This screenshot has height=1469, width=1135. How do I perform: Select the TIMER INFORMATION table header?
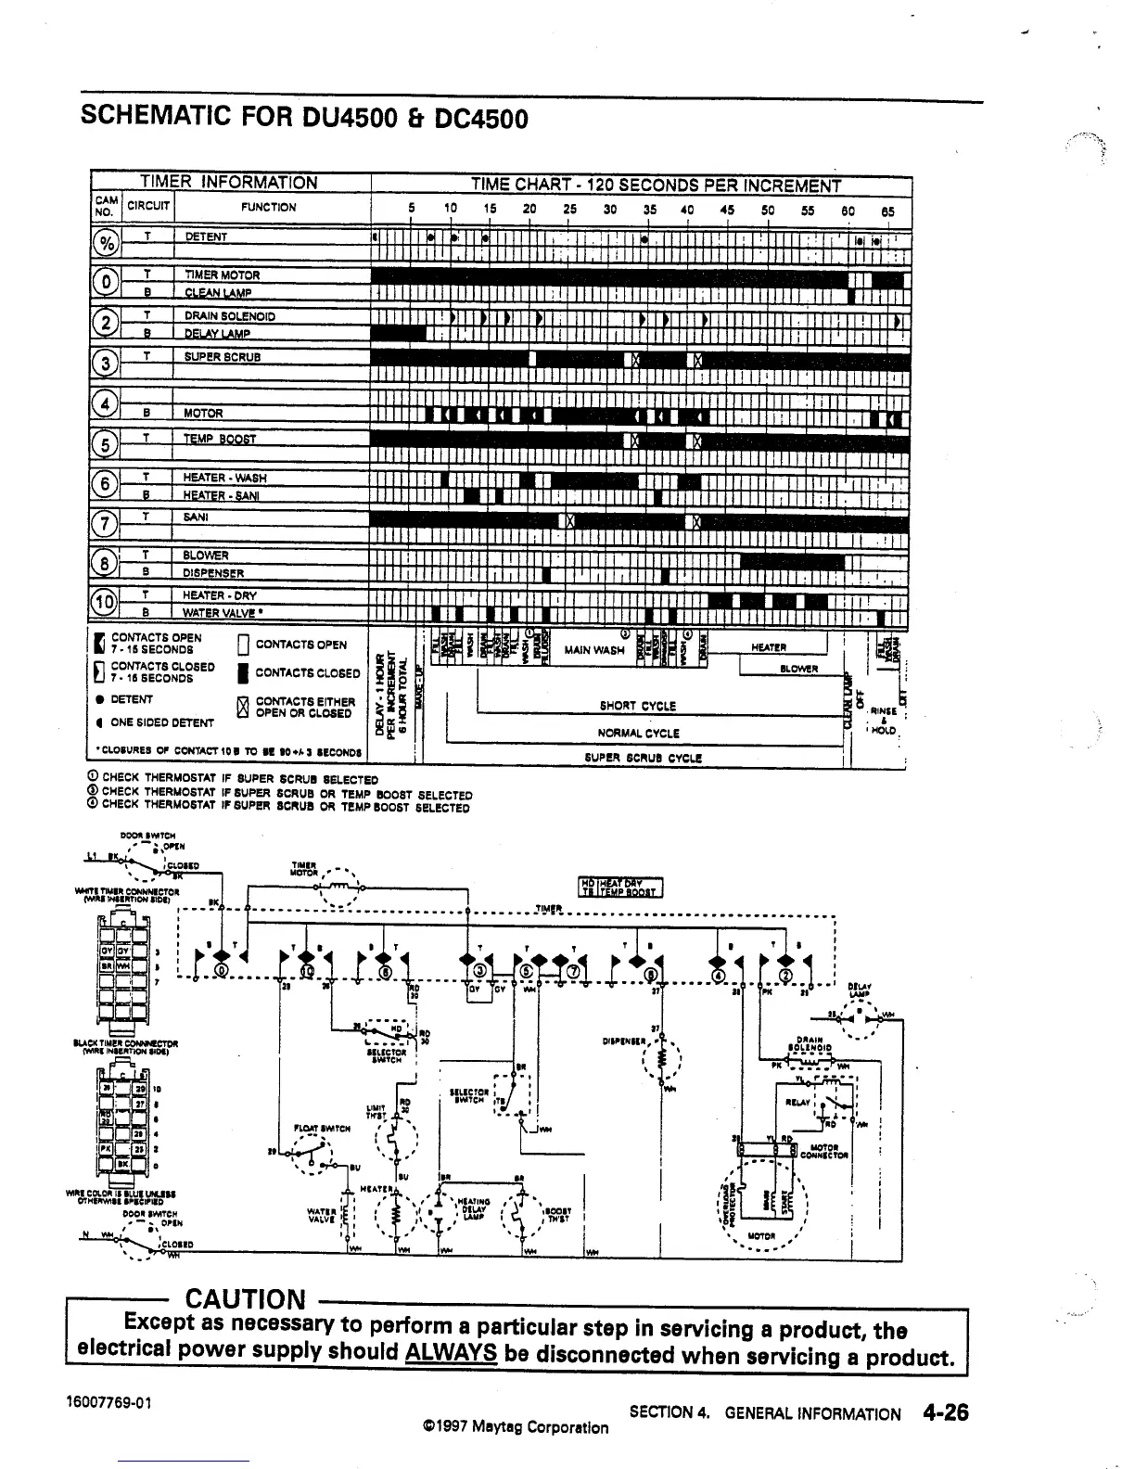(228, 184)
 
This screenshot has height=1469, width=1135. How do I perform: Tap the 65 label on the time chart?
(887, 211)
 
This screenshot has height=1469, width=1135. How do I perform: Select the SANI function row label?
(196, 517)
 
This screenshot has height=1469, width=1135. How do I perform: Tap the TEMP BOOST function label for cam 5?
(219, 439)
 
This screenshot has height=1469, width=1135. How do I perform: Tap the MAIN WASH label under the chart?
(593, 650)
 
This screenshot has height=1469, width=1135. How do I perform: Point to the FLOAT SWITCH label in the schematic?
(321, 1129)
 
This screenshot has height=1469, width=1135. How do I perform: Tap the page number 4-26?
(945, 1412)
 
